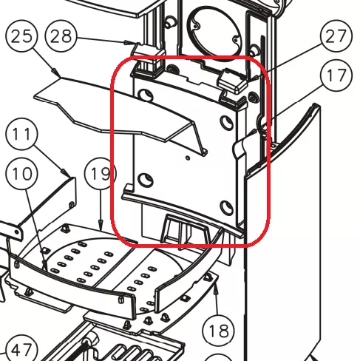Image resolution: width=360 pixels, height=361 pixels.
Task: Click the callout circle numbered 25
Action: [21, 36]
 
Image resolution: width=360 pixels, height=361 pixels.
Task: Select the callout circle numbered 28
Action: [61, 36]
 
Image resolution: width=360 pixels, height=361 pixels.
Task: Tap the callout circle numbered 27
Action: [336, 36]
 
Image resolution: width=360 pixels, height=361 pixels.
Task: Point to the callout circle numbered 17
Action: [336, 75]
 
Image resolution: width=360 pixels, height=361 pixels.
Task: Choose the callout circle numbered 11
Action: [21, 135]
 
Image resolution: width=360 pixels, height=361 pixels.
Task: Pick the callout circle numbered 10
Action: [21, 174]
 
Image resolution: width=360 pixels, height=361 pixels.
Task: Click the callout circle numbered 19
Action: [101, 174]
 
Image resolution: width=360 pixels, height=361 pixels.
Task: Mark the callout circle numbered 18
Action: [218, 331]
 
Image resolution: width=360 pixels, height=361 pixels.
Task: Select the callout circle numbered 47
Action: [21, 350]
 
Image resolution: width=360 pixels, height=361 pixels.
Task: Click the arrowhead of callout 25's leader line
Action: [57, 72]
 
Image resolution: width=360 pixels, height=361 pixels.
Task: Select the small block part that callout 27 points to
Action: [233, 81]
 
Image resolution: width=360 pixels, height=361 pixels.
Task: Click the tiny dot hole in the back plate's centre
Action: [188, 158]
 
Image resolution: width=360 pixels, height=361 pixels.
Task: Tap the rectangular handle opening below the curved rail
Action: [186, 229]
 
